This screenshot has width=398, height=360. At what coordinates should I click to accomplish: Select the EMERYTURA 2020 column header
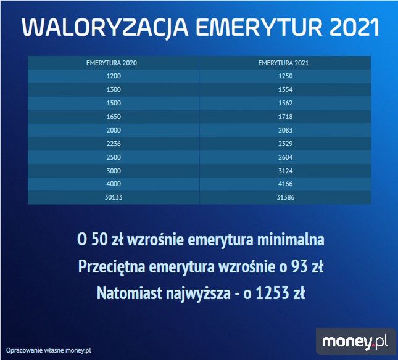click(114, 62)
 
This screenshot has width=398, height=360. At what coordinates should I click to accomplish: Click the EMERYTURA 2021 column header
click(284, 62)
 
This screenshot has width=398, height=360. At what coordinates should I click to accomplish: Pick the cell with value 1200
click(114, 76)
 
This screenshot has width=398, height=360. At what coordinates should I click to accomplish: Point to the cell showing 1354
click(284, 89)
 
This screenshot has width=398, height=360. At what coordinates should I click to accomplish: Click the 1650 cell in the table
click(114, 117)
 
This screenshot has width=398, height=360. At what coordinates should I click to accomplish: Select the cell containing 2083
click(284, 130)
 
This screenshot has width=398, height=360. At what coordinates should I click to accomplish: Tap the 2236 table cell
click(114, 144)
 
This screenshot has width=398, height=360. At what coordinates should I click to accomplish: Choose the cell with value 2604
click(284, 157)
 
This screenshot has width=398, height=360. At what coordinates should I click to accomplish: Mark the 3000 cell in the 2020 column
click(114, 171)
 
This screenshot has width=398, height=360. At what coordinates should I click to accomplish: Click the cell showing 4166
click(284, 184)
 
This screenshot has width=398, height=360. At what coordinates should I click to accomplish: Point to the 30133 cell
click(114, 198)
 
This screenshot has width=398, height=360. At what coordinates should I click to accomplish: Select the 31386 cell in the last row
click(284, 198)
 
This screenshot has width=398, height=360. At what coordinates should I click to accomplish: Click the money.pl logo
click(354, 341)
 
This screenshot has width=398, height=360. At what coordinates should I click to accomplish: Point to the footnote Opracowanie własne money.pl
click(49, 350)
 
